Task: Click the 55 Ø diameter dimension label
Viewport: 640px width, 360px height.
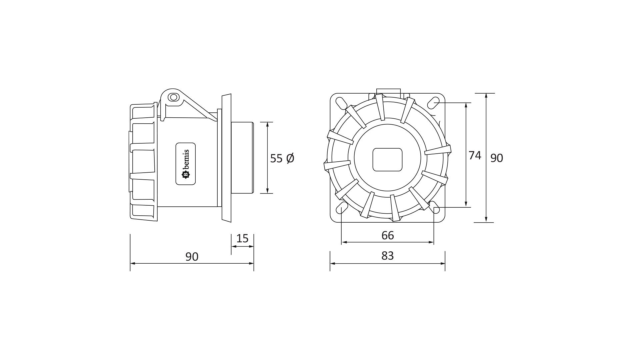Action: [x=282, y=158]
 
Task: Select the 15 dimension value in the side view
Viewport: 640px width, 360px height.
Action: [x=242, y=239]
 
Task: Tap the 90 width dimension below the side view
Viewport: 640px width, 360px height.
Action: [x=192, y=256]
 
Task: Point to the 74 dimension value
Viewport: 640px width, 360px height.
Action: [x=475, y=155]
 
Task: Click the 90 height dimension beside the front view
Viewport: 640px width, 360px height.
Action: [x=496, y=158]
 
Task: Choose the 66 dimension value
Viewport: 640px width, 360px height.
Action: [x=388, y=235]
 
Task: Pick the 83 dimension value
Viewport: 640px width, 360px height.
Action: [x=388, y=256]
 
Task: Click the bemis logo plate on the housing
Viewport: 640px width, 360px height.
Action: [x=185, y=164]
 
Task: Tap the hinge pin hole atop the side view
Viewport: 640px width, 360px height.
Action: [x=173, y=97]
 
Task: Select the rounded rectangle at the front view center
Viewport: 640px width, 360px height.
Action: [x=387, y=160]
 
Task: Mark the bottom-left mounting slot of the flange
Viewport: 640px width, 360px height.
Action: [x=341, y=208]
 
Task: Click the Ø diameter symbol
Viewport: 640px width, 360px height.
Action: [x=290, y=158]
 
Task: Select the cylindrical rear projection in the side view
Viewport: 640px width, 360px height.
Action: [x=242, y=158]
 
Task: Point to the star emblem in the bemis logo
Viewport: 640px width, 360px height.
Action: [x=185, y=175]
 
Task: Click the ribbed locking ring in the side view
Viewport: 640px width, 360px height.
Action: [x=143, y=162]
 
